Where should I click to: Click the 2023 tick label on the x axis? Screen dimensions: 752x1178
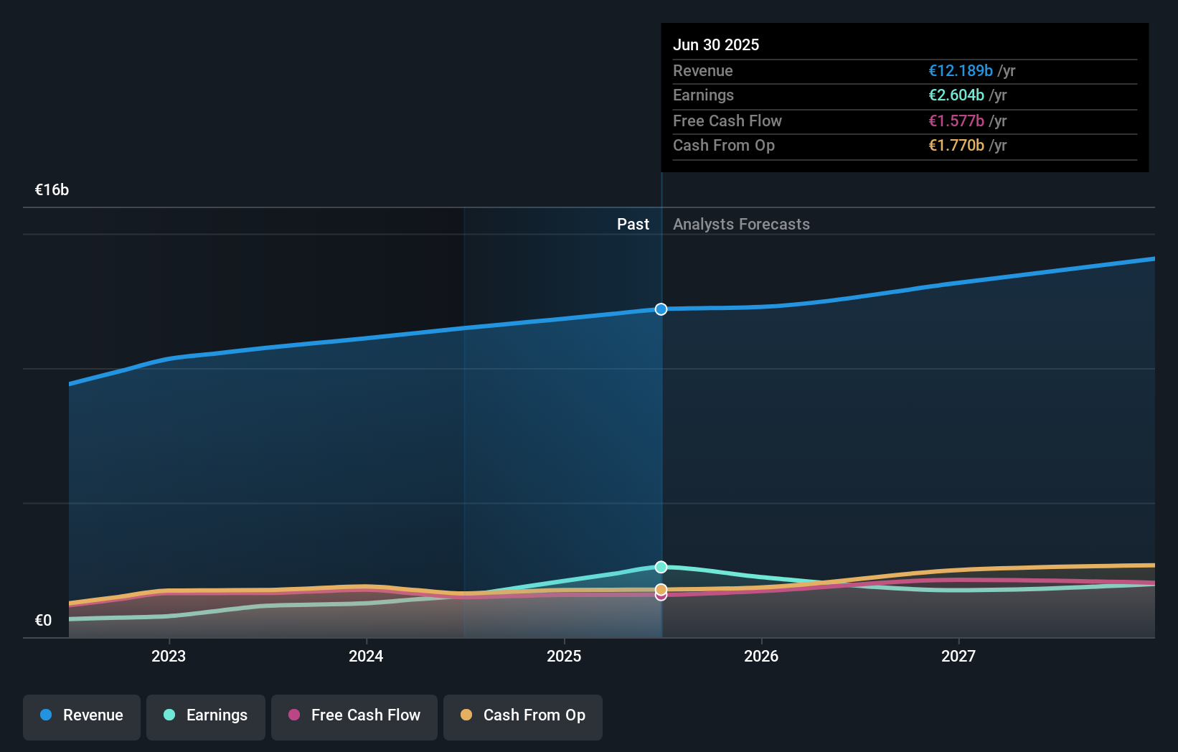[x=169, y=656]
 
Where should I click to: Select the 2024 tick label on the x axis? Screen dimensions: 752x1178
[x=366, y=656]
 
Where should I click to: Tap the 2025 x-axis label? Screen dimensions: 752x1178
[x=564, y=656]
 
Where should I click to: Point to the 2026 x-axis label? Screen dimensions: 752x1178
[x=761, y=656]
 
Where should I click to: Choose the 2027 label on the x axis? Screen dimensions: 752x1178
[x=958, y=656]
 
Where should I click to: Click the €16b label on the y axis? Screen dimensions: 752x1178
[x=52, y=190]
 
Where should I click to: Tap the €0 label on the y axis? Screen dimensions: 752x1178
[x=43, y=621]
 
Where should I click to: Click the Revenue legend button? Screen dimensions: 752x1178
[x=82, y=715]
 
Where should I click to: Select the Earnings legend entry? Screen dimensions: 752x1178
[x=206, y=715]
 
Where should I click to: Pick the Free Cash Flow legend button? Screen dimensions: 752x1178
[x=354, y=715]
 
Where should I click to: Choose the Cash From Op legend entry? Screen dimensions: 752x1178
[x=523, y=715]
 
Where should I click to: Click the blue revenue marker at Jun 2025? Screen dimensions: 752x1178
[x=661, y=309]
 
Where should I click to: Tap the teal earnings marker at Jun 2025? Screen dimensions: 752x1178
[x=661, y=567]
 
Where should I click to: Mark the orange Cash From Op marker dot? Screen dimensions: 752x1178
[x=661, y=589]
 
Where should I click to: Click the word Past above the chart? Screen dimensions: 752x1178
[x=633, y=225]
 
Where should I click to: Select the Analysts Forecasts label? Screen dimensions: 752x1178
[x=741, y=225]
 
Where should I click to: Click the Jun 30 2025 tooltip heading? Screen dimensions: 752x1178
[x=716, y=44]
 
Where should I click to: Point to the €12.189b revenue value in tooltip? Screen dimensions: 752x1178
[x=961, y=71]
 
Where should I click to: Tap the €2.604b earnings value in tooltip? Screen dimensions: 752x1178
[x=956, y=95]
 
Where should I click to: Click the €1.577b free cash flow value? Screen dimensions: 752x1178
[x=956, y=121]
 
